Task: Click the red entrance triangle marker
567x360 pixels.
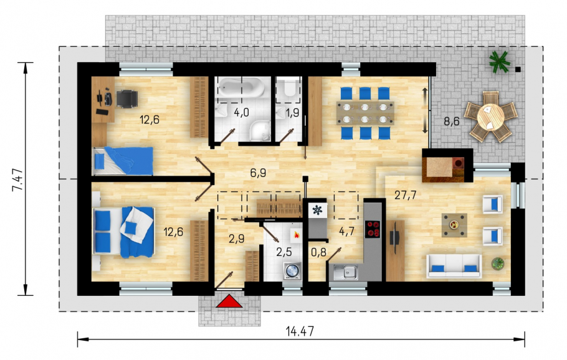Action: pos(229,301)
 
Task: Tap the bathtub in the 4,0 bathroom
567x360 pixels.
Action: pos(242,87)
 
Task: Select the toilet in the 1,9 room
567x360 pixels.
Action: pos(290,88)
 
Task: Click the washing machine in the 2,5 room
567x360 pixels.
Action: pos(293,270)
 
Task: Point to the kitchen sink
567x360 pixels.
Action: pos(345,272)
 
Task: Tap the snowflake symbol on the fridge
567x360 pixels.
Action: pos(317,210)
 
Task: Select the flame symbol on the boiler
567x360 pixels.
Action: pos(297,235)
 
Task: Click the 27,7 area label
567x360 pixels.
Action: pos(405,195)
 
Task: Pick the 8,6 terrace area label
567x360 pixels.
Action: pos(452,121)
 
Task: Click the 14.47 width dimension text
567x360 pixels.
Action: pos(300,331)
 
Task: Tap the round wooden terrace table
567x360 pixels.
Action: pos(491,116)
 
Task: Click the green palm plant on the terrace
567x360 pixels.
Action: pos(499,61)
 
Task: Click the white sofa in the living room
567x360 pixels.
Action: pos(454,266)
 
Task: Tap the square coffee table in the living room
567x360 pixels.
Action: pos(454,225)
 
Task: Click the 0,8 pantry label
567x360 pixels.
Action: pos(318,252)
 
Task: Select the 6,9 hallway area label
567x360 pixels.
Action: pos(258,173)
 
